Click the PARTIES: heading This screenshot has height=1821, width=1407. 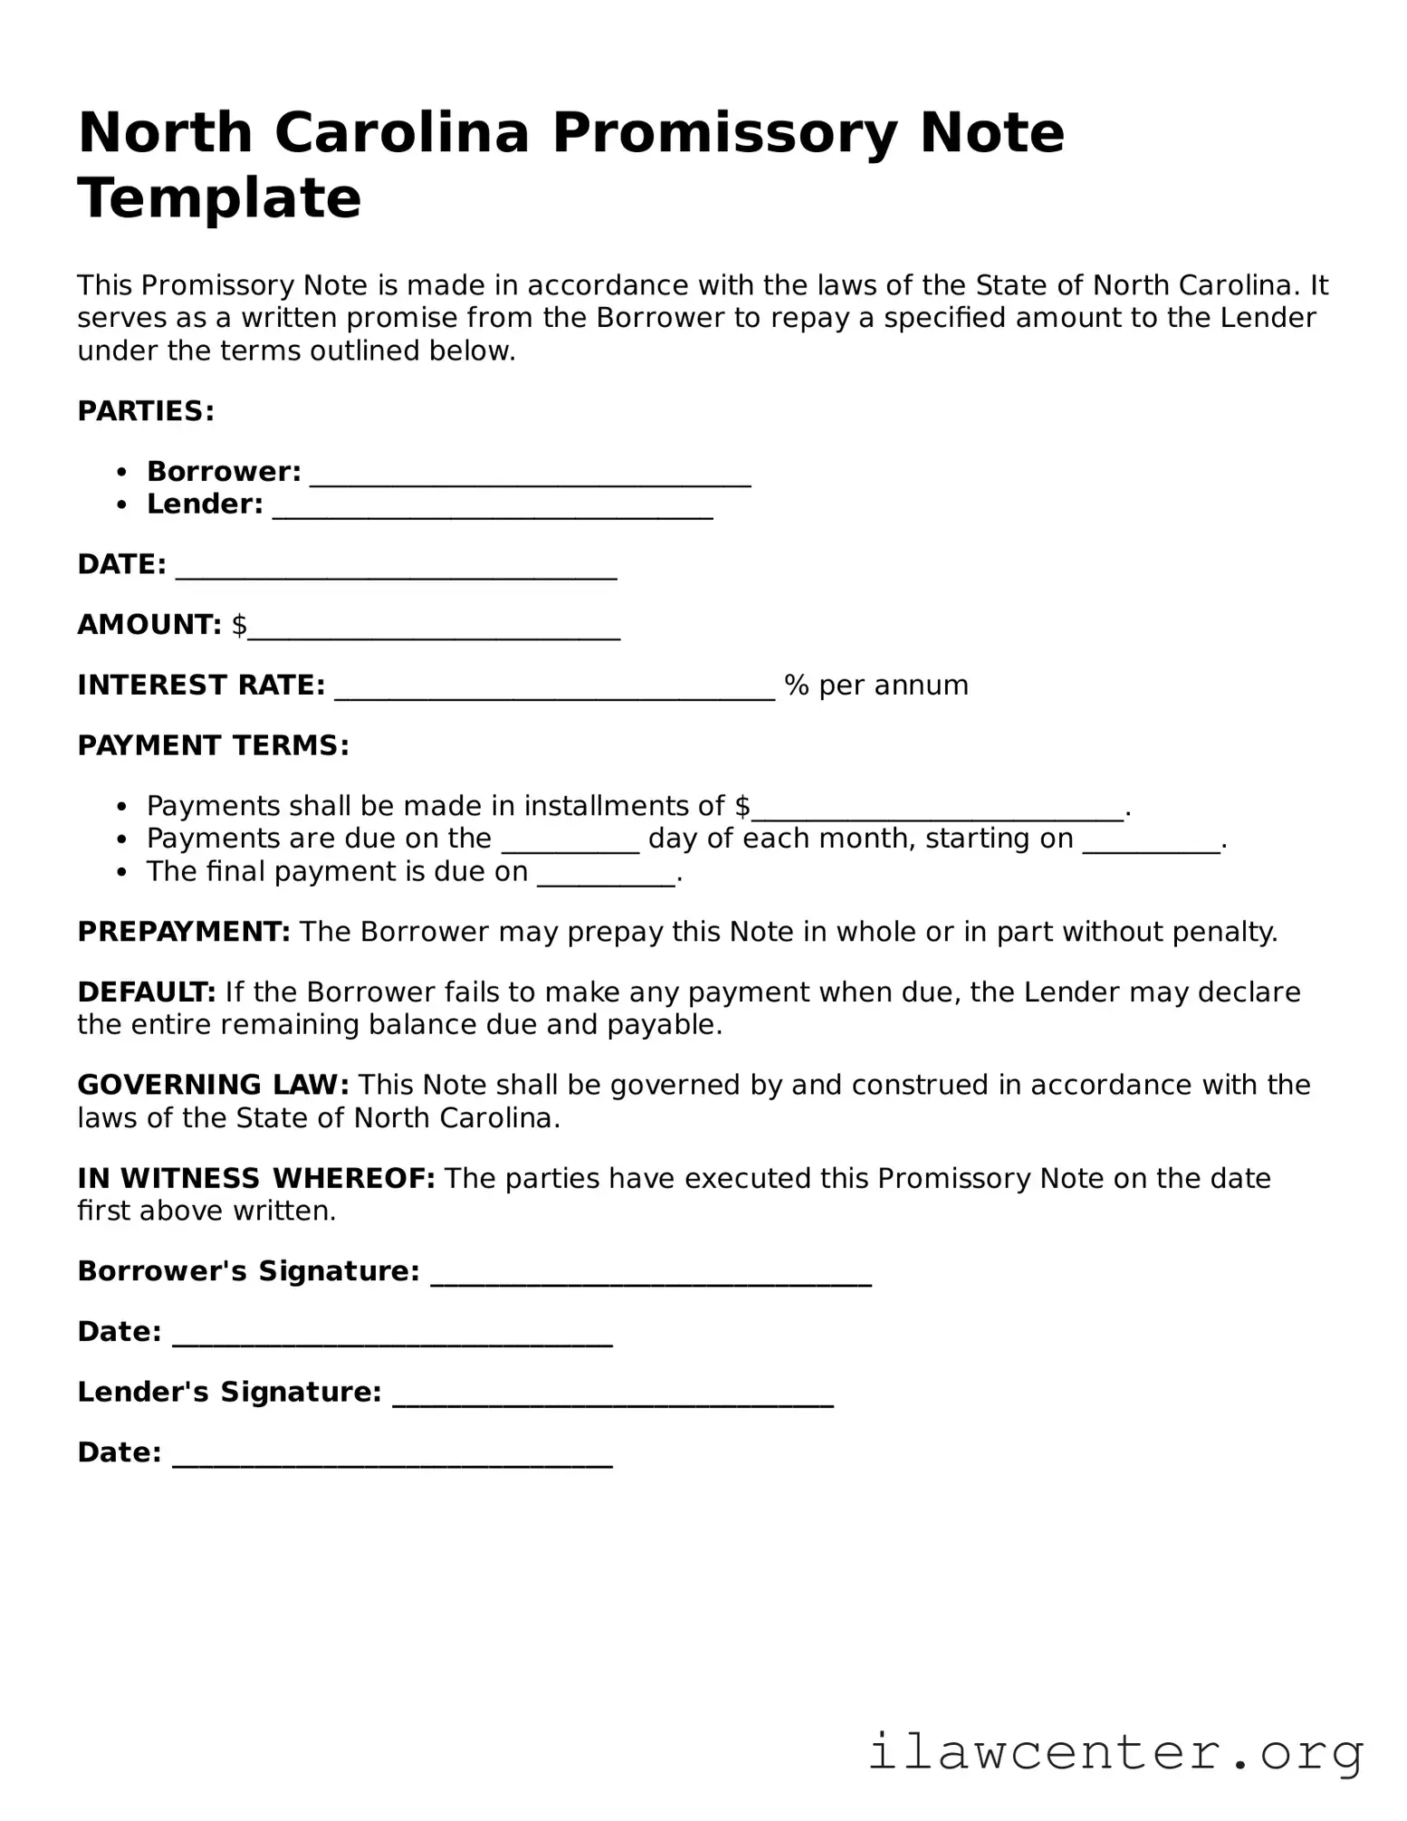(146, 411)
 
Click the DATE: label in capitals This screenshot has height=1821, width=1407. (121, 564)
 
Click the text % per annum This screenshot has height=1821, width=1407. (876, 685)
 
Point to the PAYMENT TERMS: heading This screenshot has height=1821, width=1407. (213, 745)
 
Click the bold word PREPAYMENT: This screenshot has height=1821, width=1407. (184, 932)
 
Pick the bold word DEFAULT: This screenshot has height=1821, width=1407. (146, 992)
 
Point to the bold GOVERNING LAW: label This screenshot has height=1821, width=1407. (213, 1085)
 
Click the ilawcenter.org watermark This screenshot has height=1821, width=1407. (1115, 1752)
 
